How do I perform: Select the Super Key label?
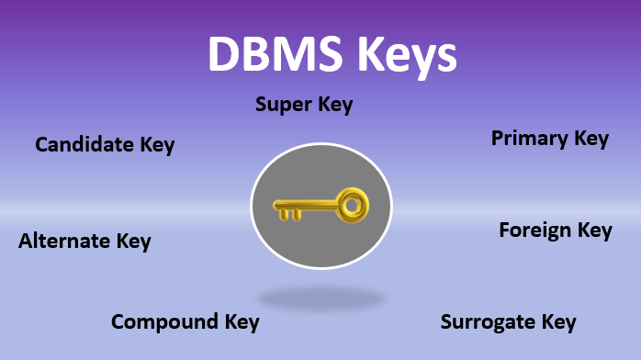pyautogui.click(x=303, y=105)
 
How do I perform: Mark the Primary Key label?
pyautogui.click(x=550, y=139)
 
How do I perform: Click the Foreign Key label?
pyautogui.click(x=555, y=230)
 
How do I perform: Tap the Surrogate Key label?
pyautogui.click(x=508, y=322)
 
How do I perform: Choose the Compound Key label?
pyautogui.click(x=186, y=322)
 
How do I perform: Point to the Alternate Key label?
pyautogui.click(x=84, y=242)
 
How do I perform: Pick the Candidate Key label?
pyautogui.click(x=105, y=144)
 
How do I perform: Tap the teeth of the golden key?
pyautogui.click(x=289, y=215)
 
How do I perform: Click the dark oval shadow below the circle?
pyautogui.click(x=320, y=298)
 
